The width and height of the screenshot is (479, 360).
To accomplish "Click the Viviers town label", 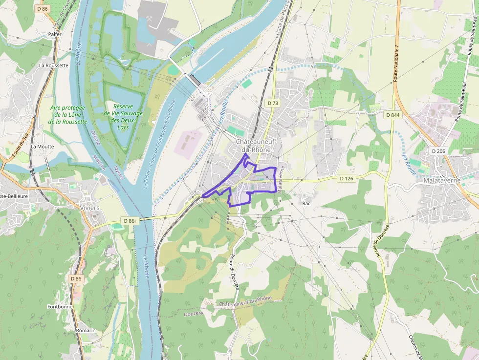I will pos(89,208).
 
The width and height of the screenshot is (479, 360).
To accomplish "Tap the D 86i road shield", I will pos(130,221).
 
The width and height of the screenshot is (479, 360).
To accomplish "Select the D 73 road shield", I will pos(273,103).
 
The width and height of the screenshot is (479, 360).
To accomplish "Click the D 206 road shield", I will pos(438,151).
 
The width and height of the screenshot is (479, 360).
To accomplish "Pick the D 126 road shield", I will pos(347,178).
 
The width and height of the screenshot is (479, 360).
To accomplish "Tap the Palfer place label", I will pos(55,35).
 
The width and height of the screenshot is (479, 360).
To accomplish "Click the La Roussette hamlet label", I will pos(54,65).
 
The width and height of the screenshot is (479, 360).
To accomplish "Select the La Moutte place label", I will pos(42,146).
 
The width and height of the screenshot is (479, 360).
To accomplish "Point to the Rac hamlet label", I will pos(306,203).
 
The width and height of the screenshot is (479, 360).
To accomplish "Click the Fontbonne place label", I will pos(60,307).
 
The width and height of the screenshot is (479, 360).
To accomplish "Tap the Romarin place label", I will pos(86,331).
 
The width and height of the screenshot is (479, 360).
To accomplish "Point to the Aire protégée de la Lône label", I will pos(68,114).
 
